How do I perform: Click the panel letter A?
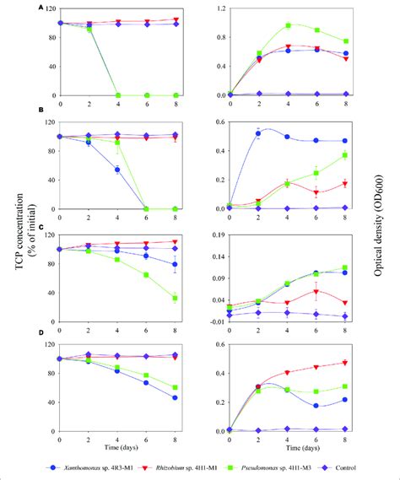pos(41,6)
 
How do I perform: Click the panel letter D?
pos(41,340)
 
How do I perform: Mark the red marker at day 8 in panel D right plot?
pos(345,363)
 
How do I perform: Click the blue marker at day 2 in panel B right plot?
pos(259,133)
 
